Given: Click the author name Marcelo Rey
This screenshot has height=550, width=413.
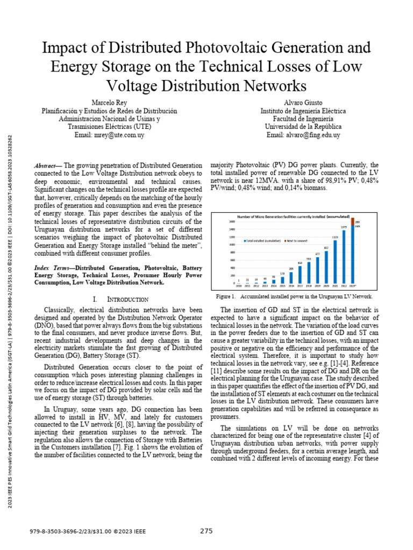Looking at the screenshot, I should pyautogui.click(x=110, y=102).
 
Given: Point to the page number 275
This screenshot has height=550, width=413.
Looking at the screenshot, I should pyautogui.click(x=206, y=531).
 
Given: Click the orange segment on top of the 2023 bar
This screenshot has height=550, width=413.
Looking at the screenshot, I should pyautogui.click(x=353, y=221).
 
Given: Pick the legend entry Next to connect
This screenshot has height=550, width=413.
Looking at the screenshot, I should pyautogui.click(x=297, y=241).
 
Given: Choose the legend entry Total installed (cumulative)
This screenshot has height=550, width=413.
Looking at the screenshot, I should pyautogui.click(x=263, y=241).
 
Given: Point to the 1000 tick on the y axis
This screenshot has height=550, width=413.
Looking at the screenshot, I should pyautogui.click(x=232, y=244).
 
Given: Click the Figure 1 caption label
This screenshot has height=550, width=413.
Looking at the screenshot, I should pyautogui.click(x=225, y=296).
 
